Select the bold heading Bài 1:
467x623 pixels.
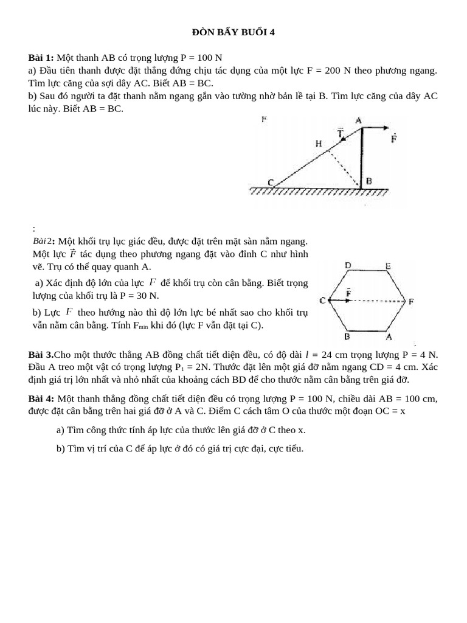41,58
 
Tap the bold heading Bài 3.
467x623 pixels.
41,354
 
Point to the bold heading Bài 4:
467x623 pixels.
41,399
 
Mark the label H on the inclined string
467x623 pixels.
319,144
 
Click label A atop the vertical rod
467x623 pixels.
358,120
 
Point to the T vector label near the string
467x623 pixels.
341,132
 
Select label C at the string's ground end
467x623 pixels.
270,182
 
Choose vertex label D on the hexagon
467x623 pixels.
347,265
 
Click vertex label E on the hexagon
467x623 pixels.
388,265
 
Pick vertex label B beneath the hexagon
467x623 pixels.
347,336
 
